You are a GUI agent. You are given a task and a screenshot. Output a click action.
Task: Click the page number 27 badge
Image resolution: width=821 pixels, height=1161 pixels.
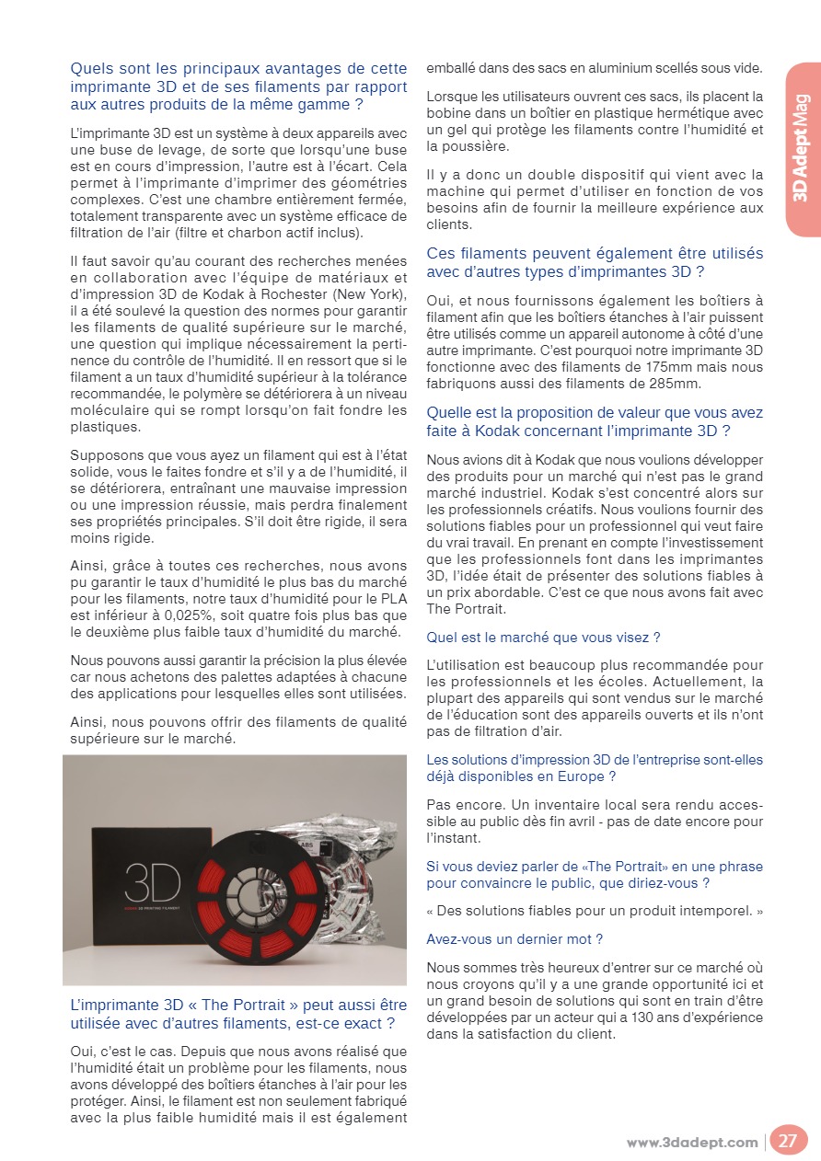788,1142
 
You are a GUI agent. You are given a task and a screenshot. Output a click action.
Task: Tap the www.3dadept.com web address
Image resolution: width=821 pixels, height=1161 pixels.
692,1143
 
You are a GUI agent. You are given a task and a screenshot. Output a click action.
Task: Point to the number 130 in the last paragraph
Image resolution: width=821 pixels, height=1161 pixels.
591,1017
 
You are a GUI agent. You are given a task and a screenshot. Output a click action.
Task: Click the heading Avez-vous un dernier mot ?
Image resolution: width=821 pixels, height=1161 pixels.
515,939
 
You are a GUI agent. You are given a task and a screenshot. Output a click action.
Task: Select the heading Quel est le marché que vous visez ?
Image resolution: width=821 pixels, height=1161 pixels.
543,637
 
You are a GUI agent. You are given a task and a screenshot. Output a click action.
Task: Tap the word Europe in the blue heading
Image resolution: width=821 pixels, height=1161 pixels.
582,776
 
